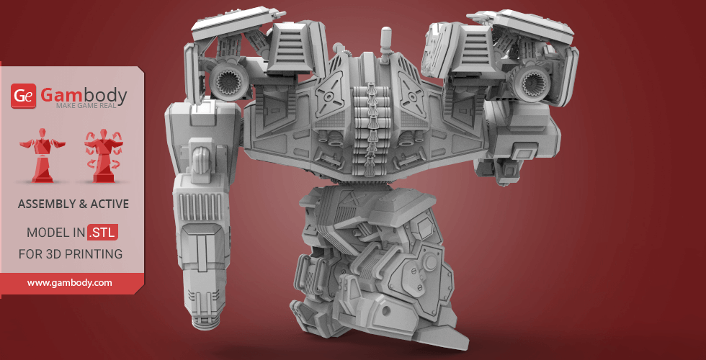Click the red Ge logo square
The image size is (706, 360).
point(23,96)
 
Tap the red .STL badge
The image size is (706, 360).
point(102,233)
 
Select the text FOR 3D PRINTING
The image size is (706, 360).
point(70,254)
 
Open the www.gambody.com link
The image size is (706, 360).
point(70,283)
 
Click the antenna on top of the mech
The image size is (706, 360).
point(386,40)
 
